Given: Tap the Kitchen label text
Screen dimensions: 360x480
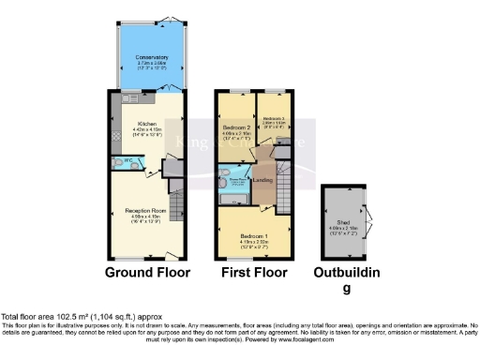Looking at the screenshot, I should pos(147,124).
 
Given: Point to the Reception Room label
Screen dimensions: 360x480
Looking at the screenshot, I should pos(146,212).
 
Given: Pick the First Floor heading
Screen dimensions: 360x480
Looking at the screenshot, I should pos(252,274).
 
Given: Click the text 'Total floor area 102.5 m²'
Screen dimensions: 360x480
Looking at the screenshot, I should pos(47,316).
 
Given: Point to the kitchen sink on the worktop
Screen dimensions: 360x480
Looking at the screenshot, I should pos(130,97).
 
